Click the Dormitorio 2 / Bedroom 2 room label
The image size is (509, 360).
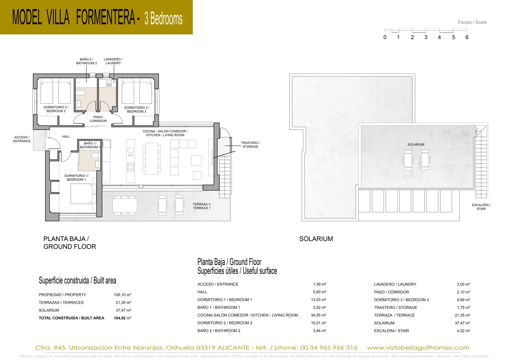click(x=56, y=109)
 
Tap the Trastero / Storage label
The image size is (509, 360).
click(x=250, y=145)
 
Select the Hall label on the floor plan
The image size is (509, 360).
click(x=66, y=137)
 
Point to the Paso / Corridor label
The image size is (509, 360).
click(x=98, y=119)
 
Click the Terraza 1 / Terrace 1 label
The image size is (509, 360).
click(x=202, y=206)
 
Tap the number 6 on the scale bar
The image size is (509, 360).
click(x=467, y=37)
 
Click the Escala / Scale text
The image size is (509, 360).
click(x=472, y=22)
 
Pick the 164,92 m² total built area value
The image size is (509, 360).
click(x=122, y=318)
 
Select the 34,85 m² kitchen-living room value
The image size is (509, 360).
click(x=319, y=315)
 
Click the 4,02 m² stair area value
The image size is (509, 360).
click(x=463, y=331)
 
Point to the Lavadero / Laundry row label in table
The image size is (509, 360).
click(x=395, y=284)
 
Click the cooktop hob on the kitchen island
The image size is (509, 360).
click(x=131, y=167)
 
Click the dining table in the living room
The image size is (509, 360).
click(x=152, y=158)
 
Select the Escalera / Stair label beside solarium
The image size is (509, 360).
click(x=481, y=207)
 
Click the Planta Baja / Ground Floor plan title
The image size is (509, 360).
click(x=70, y=243)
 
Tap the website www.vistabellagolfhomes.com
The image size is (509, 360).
click(x=418, y=348)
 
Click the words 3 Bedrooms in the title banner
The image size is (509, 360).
click(x=163, y=18)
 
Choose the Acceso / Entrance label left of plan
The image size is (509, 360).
click(x=22, y=139)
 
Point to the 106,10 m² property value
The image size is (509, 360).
click(x=122, y=295)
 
